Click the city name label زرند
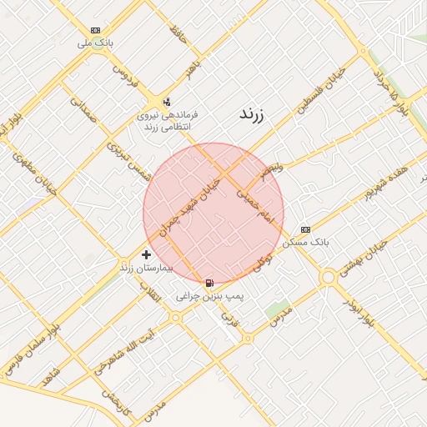(251, 115)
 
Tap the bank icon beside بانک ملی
(95, 29)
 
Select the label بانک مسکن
(306, 242)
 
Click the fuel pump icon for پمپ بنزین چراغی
(208, 283)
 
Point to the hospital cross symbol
(147, 254)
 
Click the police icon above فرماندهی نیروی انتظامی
(168, 101)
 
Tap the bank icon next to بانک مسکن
(305, 229)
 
